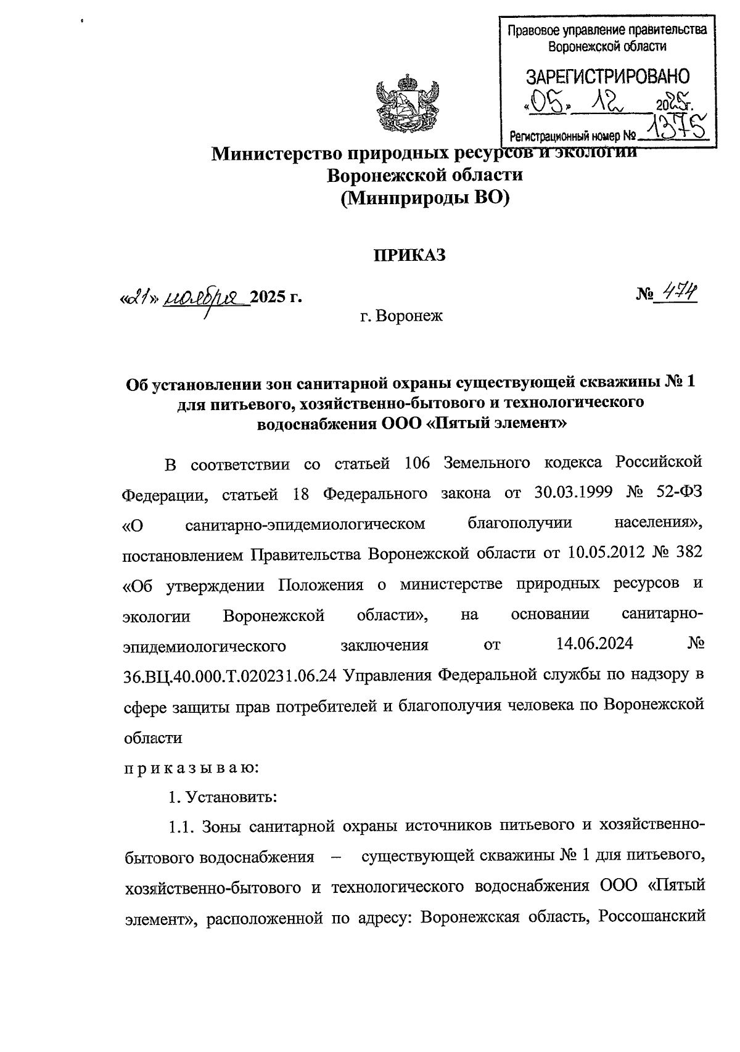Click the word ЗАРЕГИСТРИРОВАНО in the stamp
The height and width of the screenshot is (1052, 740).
click(x=607, y=77)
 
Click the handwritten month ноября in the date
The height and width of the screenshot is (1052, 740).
click(x=206, y=297)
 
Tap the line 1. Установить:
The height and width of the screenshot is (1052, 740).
click(x=223, y=797)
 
